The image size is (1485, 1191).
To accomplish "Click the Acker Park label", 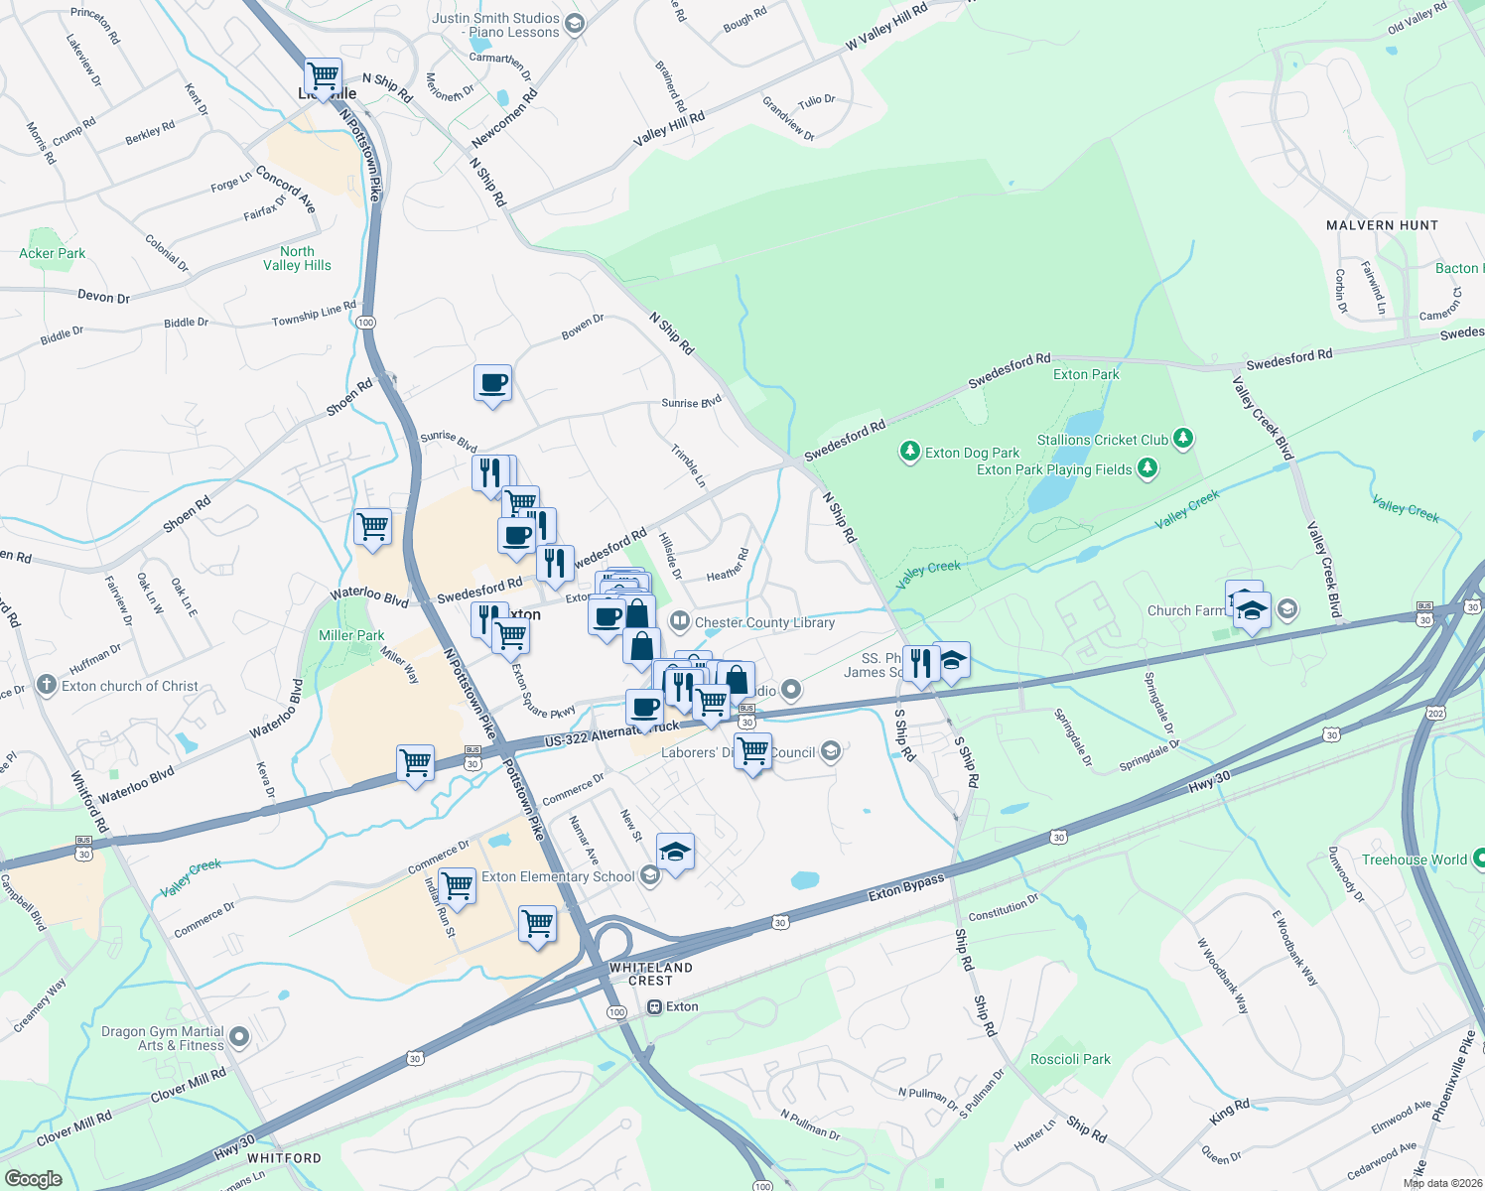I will coord(53,253).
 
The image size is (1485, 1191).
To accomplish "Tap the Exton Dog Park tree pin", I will coord(909,452).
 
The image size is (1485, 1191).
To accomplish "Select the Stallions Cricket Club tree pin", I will coord(1182,439).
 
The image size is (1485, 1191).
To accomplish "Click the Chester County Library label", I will coord(764,623).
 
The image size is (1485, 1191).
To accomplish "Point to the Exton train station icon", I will coord(654,1006).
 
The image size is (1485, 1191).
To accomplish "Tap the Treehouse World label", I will coord(1414,860).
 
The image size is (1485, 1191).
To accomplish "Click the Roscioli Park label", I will coord(1070,1059).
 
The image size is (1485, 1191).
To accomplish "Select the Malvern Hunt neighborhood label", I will coord(1382,225).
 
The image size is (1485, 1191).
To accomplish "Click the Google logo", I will coord(33,1179).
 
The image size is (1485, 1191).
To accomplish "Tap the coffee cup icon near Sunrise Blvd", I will coord(492,383).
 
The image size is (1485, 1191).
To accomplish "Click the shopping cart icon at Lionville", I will coord(323,74).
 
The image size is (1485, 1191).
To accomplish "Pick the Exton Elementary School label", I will coord(558,876).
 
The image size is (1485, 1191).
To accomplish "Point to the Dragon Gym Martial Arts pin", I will coord(238,1037).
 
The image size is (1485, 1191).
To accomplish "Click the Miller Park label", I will coord(351,635).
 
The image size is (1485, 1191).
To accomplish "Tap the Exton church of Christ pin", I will coord(46,685).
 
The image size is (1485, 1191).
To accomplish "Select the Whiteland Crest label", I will coord(651,974).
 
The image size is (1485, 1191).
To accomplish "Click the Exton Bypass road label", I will coord(904,888).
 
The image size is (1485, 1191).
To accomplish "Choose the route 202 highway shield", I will coord(1435,714).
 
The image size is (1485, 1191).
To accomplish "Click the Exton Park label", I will coord(1086,374).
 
